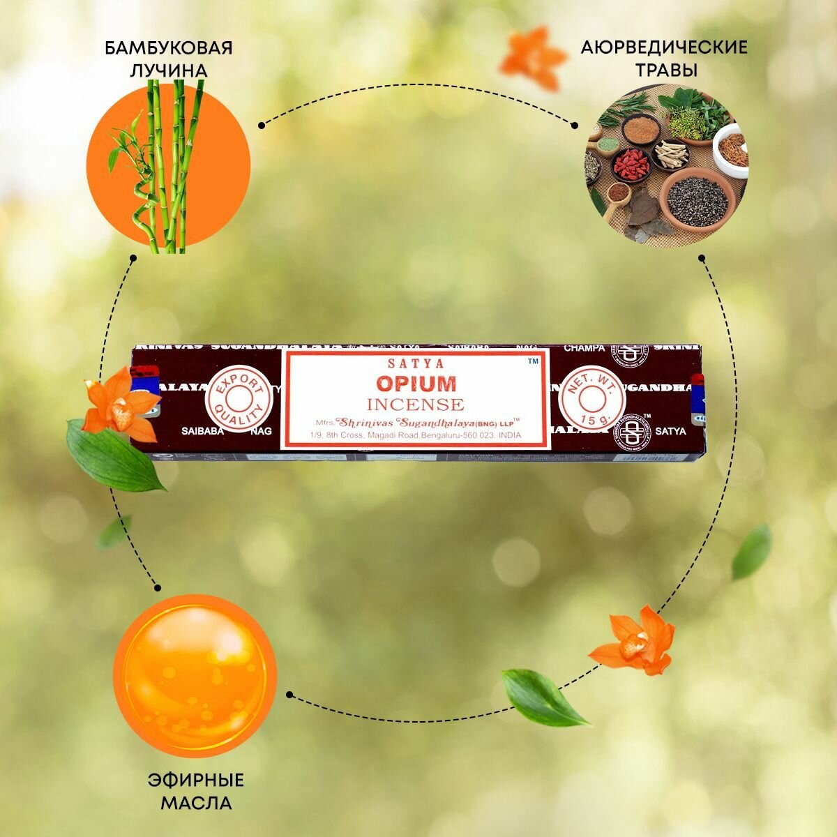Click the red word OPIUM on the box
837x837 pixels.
coord(416,383)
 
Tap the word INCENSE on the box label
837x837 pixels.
coord(416,404)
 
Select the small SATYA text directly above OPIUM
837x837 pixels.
coord(416,363)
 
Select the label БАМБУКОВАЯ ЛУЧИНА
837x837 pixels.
coord(168,59)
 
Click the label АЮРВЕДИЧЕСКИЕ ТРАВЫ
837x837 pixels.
coord(663,59)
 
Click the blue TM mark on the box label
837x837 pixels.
coord(533,361)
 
